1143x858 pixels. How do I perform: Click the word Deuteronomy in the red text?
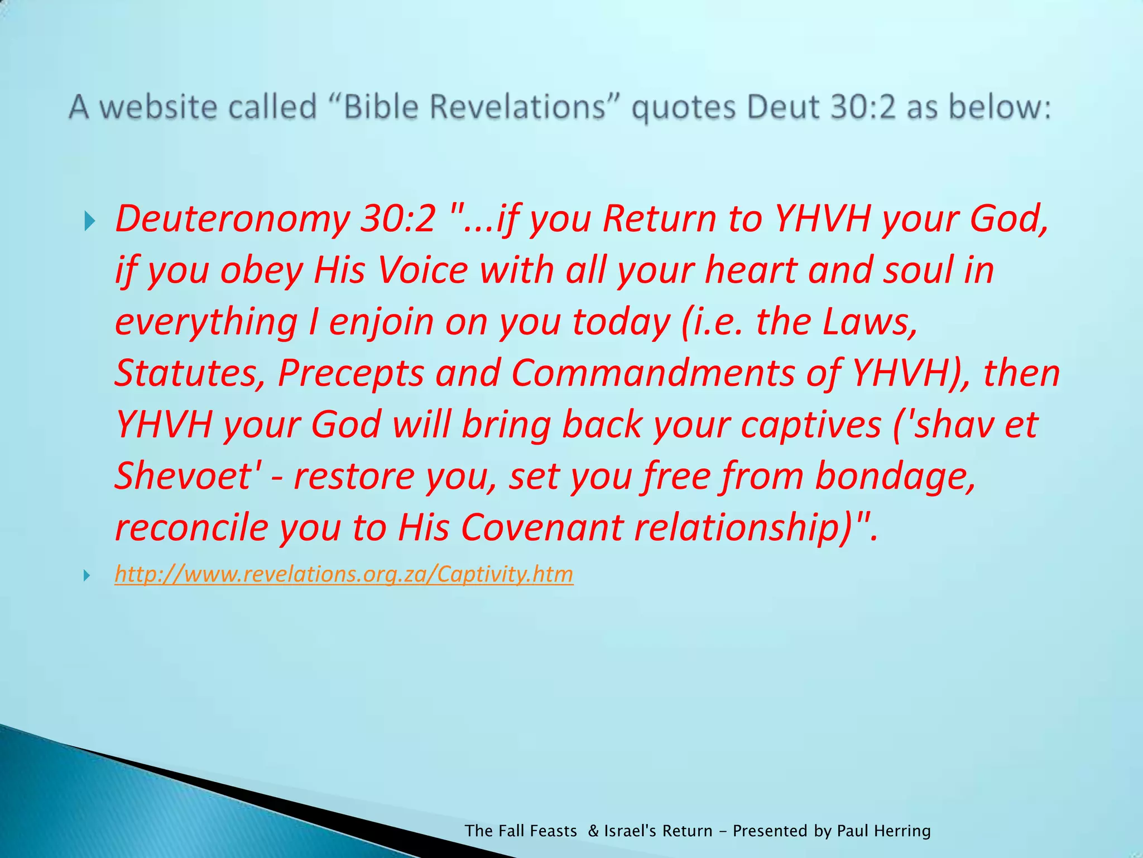tap(232, 218)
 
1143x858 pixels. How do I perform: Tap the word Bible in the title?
tap(380, 107)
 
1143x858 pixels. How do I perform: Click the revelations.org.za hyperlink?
tap(344, 574)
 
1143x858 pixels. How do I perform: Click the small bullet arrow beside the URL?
tap(87, 575)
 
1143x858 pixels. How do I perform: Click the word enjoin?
tap(381, 322)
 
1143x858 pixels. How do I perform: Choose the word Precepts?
tap(350, 373)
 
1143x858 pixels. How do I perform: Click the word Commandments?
tap(652, 373)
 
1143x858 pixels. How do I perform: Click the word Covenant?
tap(541, 527)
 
